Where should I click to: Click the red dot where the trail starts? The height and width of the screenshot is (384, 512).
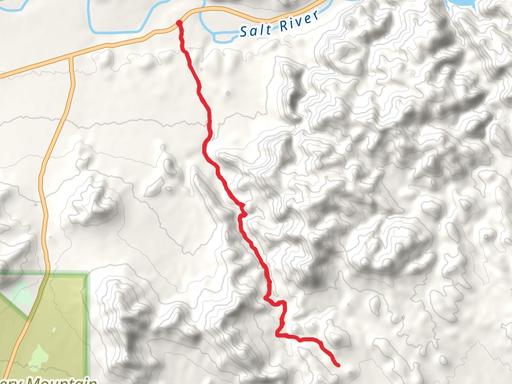click(x=179, y=24)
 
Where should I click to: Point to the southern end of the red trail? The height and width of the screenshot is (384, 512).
click(x=337, y=365)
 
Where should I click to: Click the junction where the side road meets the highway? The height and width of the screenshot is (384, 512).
click(x=71, y=56)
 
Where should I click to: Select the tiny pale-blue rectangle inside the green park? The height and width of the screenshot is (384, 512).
click(x=53, y=330)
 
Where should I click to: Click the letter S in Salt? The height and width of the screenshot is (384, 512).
click(x=245, y=31)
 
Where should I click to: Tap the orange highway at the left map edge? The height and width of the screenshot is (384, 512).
click(x=3, y=75)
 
